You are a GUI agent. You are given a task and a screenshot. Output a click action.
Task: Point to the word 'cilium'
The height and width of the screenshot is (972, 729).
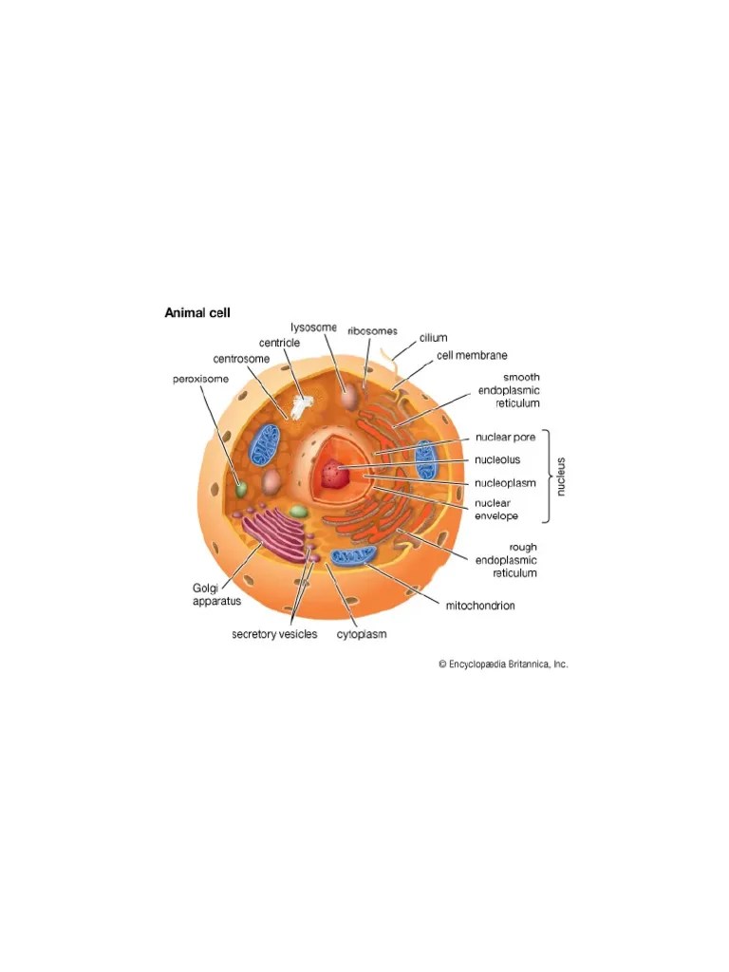point(434,338)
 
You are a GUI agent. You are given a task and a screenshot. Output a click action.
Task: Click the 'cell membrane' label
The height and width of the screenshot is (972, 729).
point(472,356)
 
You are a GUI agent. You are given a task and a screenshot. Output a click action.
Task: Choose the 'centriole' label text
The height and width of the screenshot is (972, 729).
point(280,342)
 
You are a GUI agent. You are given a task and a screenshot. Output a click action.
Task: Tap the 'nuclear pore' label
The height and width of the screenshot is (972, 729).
point(505,438)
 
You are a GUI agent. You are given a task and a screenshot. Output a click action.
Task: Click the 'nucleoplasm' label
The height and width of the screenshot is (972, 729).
point(505,483)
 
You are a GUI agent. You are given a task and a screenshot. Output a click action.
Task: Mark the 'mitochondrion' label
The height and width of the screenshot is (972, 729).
point(480,606)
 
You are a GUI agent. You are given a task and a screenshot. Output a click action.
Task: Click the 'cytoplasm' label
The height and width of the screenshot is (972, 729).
point(362,634)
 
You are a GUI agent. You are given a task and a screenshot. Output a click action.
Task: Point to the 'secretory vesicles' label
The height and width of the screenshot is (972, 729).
point(274,634)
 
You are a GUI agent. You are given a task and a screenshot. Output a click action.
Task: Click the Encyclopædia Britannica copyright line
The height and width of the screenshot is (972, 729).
point(502,664)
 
